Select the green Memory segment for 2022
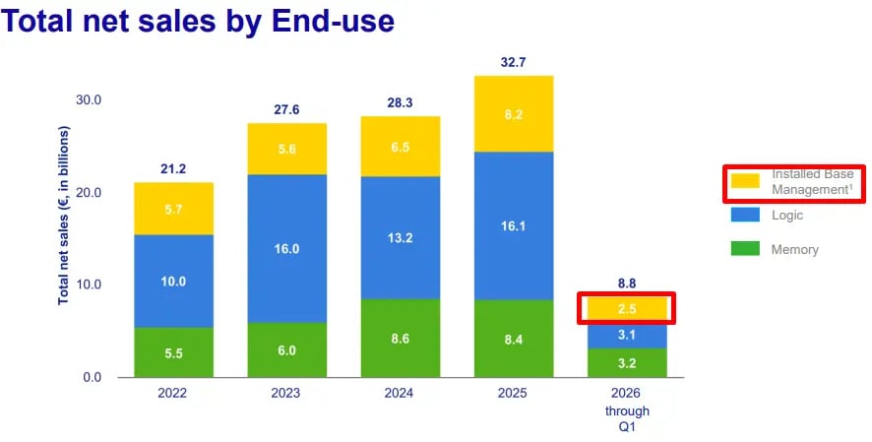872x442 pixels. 173,352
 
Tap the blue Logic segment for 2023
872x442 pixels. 285,249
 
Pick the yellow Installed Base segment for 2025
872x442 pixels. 513,114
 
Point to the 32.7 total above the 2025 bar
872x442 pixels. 513,62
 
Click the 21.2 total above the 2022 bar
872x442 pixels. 173,168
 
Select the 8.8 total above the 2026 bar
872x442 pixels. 627,283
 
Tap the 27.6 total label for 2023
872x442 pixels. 285,109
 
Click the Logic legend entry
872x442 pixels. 787,215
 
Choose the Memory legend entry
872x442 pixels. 794,249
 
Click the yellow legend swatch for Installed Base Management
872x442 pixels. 745,181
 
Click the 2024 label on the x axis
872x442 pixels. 400,394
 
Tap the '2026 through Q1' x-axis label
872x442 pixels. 627,410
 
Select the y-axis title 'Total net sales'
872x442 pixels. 63,215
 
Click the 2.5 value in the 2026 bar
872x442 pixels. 627,309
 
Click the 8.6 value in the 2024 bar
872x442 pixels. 400,338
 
